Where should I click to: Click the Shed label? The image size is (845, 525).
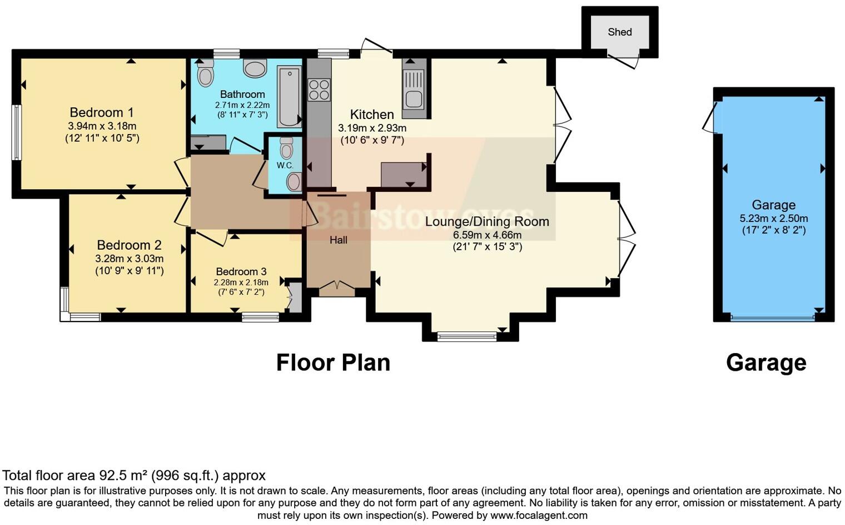[619, 32]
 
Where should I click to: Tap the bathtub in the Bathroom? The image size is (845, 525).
[289, 97]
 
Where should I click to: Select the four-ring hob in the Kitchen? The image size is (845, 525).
[319, 90]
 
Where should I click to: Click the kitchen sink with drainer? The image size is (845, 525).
[414, 89]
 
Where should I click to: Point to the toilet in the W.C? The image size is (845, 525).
[287, 147]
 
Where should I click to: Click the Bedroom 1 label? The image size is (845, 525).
[102, 112]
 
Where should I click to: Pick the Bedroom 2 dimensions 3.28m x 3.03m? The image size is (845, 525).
[129, 259]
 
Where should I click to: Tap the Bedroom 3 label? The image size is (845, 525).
[241, 271]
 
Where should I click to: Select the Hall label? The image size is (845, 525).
[339, 240]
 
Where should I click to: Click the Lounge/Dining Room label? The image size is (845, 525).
[487, 221]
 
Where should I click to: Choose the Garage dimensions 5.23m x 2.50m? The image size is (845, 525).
[774, 218]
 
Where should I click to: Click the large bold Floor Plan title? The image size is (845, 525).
[333, 363]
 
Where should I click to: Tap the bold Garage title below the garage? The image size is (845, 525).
[766, 363]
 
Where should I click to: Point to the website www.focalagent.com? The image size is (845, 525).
[539, 516]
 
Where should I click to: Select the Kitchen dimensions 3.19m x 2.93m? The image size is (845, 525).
[372, 128]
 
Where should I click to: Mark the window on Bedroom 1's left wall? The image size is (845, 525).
[16, 132]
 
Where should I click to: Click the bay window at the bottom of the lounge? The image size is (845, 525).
[466, 336]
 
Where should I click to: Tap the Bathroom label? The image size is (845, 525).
[242, 94]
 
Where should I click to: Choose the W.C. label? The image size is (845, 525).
[285, 165]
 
